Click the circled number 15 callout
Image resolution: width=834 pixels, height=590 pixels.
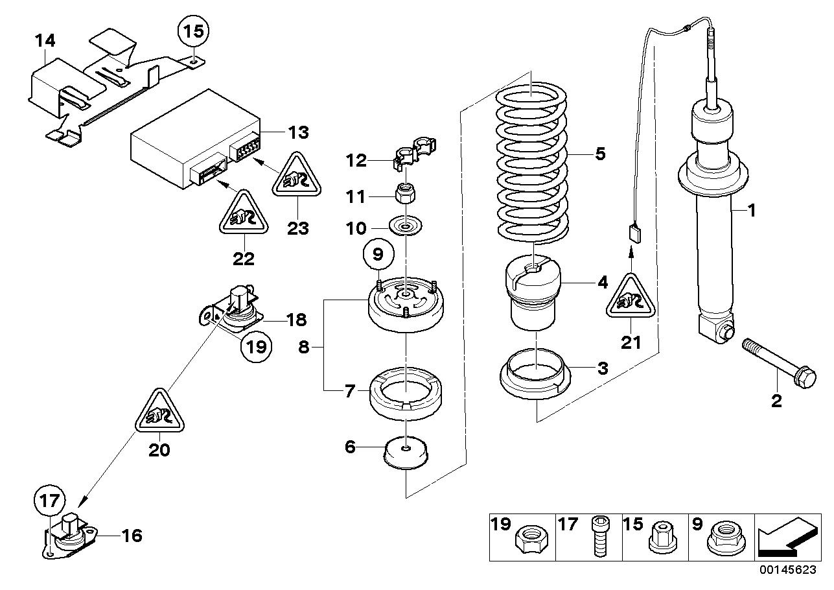[193, 31]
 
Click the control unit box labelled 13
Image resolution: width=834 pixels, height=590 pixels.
[195, 139]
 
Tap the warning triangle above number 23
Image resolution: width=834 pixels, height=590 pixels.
[296, 174]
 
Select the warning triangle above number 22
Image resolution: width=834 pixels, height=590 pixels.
[244, 213]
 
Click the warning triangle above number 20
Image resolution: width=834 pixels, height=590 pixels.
[159, 411]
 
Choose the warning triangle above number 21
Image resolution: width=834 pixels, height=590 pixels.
[631, 296]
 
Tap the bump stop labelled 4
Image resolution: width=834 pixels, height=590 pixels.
[533, 292]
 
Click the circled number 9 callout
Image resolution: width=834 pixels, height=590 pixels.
[378, 255]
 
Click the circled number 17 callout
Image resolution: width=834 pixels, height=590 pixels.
[49, 501]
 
